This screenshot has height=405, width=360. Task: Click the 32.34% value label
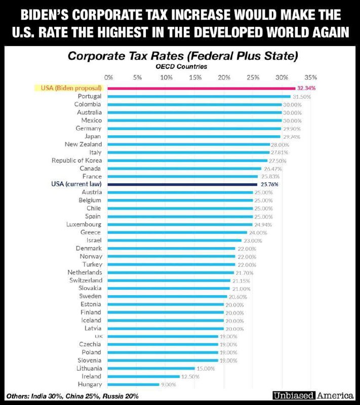tap(306, 88)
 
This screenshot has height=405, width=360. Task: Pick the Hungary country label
tap(89, 384)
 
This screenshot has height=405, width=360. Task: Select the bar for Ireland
tap(144, 376)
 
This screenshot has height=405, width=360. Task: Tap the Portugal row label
tap(90, 96)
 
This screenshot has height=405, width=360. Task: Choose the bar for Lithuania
tap(151, 368)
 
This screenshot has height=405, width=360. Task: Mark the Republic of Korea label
tap(76, 160)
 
